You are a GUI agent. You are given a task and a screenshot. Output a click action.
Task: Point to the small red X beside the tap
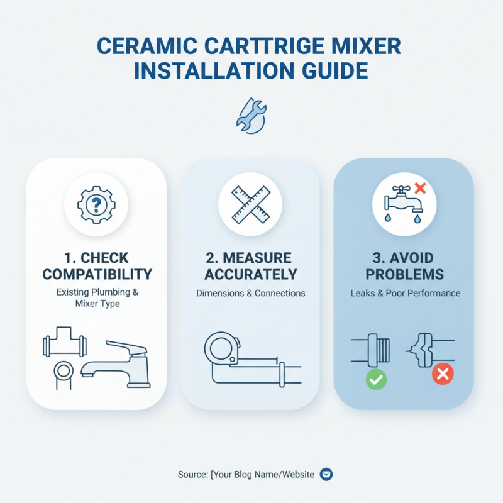click(420, 187)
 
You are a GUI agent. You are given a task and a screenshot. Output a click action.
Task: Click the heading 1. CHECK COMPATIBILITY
click(96, 266)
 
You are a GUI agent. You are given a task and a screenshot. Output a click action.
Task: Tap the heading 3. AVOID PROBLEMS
click(404, 266)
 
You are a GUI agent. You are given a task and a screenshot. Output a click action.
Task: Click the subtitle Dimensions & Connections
click(250, 293)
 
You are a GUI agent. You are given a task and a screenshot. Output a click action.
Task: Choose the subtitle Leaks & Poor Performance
click(404, 293)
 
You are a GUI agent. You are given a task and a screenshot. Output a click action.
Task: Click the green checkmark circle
click(376, 379)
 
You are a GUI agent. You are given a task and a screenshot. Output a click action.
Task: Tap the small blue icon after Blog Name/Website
click(326, 474)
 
